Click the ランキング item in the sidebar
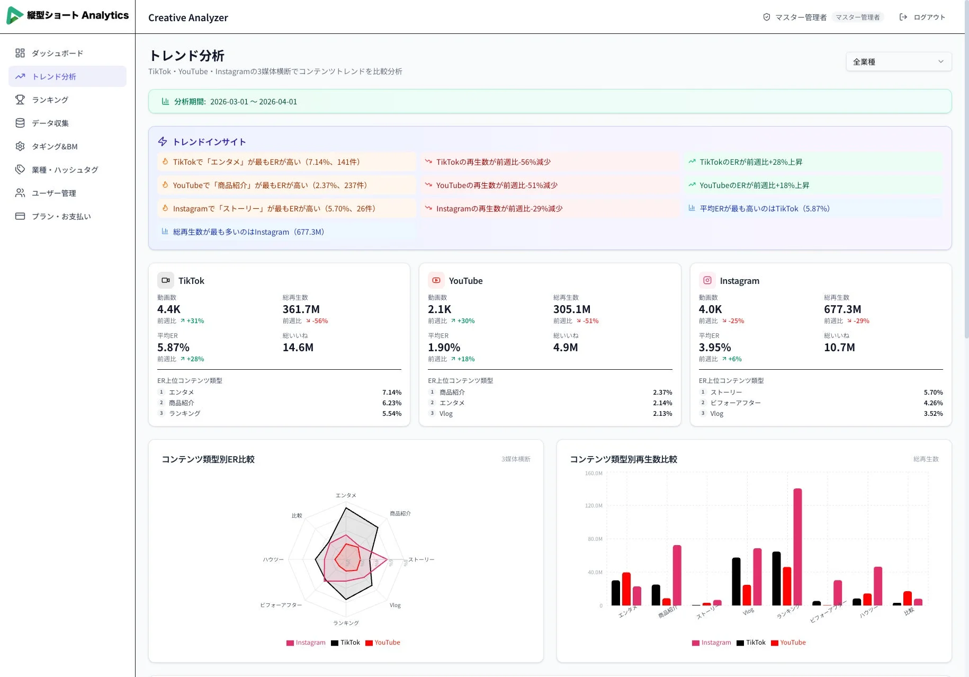[x=50, y=100]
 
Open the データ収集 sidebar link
[x=50, y=123]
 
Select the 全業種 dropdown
[x=898, y=61]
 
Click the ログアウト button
[x=922, y=17]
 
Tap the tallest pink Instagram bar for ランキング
[x=797, y=546]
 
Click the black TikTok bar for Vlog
[x=736, y=581]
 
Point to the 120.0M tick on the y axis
[x=594, y=505]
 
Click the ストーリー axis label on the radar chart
[x=421, y=559]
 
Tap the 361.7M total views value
[x=301, y=309]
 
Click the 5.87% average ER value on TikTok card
[x=173, y=347]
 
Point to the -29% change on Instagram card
[x=861, y=320]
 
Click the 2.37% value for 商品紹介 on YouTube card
[x=662, y=392]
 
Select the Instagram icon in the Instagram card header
[x=707, y=280]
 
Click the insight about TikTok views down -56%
[x=493, y=162]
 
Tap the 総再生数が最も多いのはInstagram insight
[x=248, y=231]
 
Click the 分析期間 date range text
[x=253, y=101]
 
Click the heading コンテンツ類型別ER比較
[x=208, y=459]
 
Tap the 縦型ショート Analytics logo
[x=67, y=15]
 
